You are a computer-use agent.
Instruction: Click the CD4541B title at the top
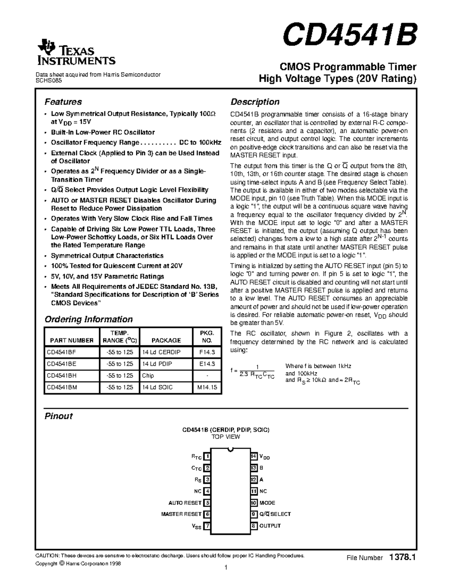point(350,35)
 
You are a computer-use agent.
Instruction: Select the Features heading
point(63,102)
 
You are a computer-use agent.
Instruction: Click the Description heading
point(255,102)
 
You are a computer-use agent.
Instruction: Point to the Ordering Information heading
point(89,319)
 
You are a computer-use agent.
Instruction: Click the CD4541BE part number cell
point(61,364)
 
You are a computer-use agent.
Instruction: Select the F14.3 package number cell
point(207,352)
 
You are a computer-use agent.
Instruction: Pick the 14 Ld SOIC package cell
point(157,387)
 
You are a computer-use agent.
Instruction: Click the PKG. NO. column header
point(207,336)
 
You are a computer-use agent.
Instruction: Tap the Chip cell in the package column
point(148,376)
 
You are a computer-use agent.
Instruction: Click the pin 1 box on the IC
point(207,457)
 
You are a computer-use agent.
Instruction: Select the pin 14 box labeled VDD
point(254,457)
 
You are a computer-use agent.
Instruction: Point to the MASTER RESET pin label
point(181,514)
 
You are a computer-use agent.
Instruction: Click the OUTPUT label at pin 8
point(270,526)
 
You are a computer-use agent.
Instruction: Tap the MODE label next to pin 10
point(267,503)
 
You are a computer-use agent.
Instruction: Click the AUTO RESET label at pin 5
point(185,503)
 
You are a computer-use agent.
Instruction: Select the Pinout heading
point(59,416)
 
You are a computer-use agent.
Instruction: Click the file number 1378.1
point(402,558)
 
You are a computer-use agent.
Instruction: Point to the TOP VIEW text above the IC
point(226,437)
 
